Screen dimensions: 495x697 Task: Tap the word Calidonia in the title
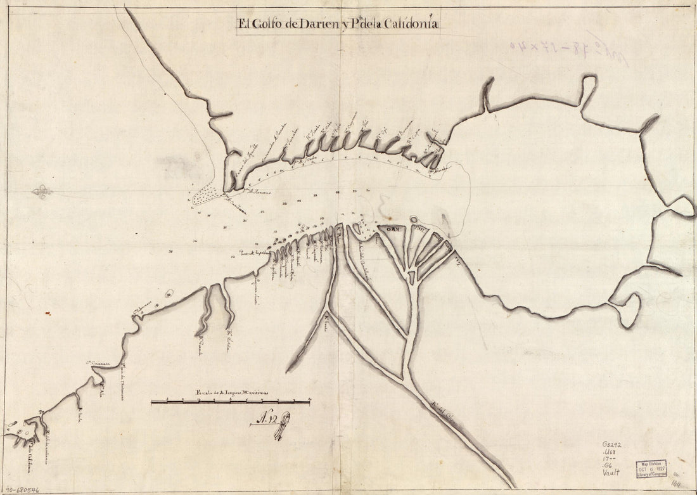click(x=409, y=25)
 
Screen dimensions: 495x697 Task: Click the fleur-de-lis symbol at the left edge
click(x=42, y=191)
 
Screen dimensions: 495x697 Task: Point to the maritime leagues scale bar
click(x=231, y=402)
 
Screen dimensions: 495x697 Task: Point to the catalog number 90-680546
click(x=22, y=489)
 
